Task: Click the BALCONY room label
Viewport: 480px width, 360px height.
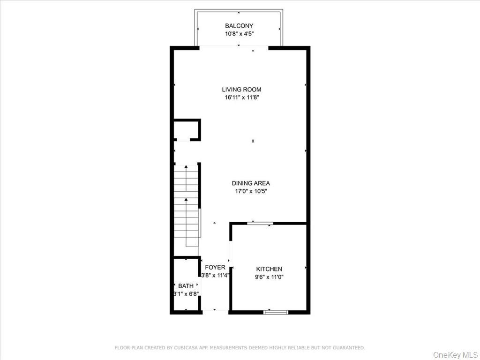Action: point(239,26)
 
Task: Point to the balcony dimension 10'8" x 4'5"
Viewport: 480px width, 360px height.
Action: point(239,34)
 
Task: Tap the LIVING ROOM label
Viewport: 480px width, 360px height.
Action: point(241,90)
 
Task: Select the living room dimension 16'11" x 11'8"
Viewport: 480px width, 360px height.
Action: point(241,97)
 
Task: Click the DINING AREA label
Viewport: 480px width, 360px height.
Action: point(251,183)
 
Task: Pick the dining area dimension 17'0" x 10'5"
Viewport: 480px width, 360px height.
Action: point(251,191)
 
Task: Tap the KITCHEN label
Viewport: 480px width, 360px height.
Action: point(269,269)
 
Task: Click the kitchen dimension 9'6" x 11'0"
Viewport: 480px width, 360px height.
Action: point(269,277)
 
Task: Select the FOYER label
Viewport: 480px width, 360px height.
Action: point(215,267)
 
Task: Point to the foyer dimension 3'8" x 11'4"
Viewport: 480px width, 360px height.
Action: point(215,276)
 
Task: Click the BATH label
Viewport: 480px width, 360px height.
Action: point(186,286)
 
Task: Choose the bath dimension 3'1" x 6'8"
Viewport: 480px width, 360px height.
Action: point(186,294)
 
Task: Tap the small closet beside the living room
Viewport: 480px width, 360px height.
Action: point(186,130)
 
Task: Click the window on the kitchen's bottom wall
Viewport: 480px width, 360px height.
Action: point(276,312)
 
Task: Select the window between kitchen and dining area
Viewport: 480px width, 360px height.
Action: point(260,223)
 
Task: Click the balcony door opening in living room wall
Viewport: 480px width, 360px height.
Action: point(234,46)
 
